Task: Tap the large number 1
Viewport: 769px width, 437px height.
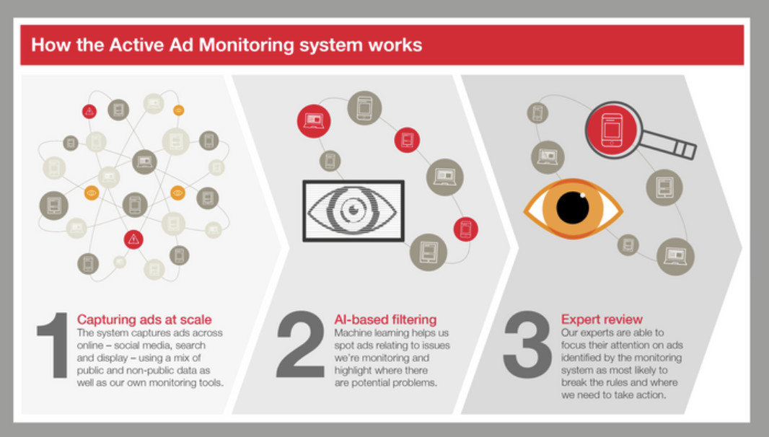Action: tap(53, 345)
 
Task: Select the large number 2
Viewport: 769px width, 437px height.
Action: tap(299, 344)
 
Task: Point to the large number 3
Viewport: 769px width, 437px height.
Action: tap(527, 345)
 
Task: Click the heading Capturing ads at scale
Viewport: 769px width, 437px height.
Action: tap(144, 319)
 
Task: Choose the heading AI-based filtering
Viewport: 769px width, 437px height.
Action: tap(385, 319)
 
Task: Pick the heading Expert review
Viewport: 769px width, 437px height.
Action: tap(602, 319)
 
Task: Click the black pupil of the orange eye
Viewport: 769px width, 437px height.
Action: tap(573, 208)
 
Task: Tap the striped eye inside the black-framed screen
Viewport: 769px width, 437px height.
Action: tap(353, 211)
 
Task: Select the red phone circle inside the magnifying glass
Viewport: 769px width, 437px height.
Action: tap(612, 130)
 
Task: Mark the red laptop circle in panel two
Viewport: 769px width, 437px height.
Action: tap(314, 120)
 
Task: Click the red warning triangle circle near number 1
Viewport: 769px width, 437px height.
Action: tap(133, 239)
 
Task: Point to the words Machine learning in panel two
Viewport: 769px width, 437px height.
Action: tap(372, 333)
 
